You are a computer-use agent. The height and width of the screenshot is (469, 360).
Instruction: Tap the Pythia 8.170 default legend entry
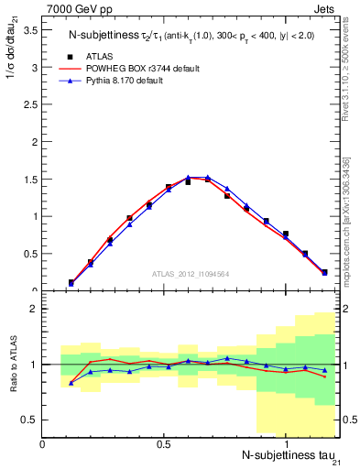point(127,81)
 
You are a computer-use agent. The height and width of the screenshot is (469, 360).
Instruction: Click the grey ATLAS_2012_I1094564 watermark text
point(191,273)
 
